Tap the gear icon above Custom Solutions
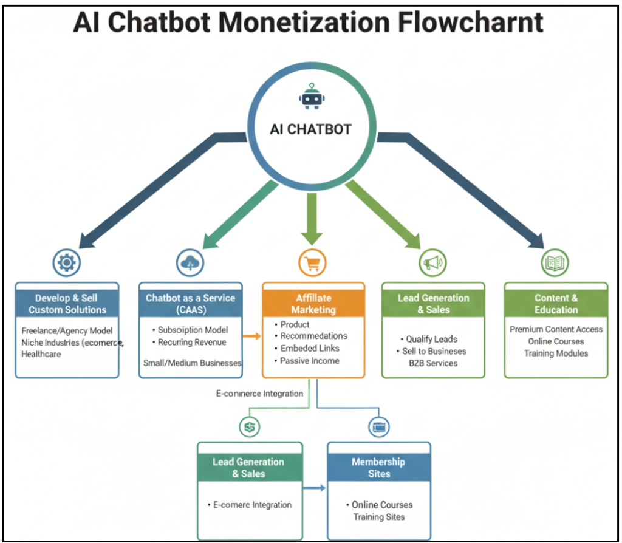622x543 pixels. pyautogui.click(x=67, y=263)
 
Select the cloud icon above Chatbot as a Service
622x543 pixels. pyautogui.click(x=190, y=263)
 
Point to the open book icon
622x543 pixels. pyautogui.click(x=555, y=263)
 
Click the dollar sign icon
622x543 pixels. pyautogui.click(x=249, y=427)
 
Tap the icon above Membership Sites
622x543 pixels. pyautogui.click(x=379, y=427)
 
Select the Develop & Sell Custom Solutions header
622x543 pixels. pyautogui.click(x=67, y=304)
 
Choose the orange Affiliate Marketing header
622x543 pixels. pyautogui.click(x=313, y=304)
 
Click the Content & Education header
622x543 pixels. pyautogui.click(x=556, y=304)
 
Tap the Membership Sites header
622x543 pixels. pyautogui.click(x=379, y=467)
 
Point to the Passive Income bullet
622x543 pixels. pyautogui.click(x=310, y=361)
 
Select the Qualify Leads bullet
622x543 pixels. pyautogui.click(x=431, y=339)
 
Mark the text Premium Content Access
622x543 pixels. pyautogui.click(x=556, y=329)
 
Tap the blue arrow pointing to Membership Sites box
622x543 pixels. pyautogui.click(x=315, y=487)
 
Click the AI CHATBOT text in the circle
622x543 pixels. pyautogui.click(x=311, y=129)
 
